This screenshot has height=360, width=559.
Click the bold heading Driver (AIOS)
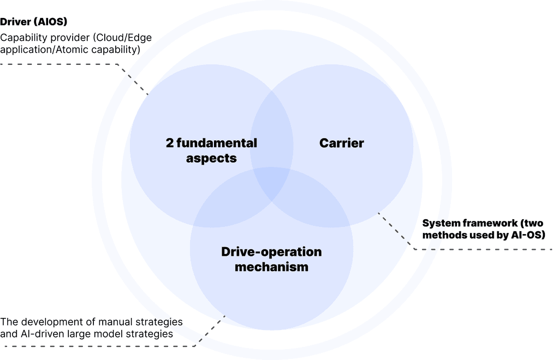click(x=33, y=22)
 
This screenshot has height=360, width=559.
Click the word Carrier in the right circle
click(x=342, y=143)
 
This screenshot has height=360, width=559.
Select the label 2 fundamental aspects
click(x=211, y=150)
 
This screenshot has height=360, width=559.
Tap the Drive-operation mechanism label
click(x=271, y=259)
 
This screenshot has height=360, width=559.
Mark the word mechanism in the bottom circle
click(x=271, y=267)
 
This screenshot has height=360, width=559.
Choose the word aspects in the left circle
click(x=211, y=158)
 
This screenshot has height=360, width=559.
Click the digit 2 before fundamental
click(x=170, y=143)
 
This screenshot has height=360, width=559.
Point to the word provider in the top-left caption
click(x=69, y=38)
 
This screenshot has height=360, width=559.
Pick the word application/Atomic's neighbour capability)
click(x=116, y=50)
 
